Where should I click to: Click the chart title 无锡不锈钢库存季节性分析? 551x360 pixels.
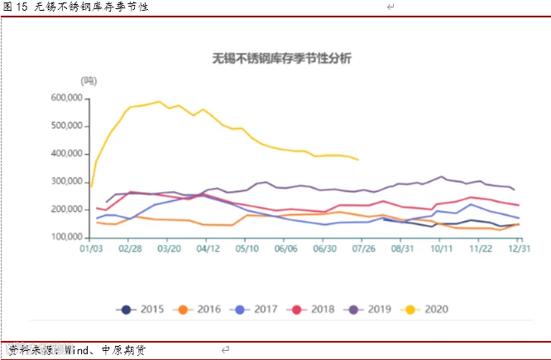(282, 59)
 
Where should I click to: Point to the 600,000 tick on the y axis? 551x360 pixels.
(67, 98)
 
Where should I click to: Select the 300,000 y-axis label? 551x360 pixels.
(67, 181)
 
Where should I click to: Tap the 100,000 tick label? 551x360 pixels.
(67, 237)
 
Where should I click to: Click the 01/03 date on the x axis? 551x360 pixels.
(91, 248)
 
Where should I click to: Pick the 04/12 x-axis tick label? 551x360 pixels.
(208, 248)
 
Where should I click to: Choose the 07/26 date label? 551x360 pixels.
(364, 248)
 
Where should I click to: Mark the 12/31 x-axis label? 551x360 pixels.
(520, 248)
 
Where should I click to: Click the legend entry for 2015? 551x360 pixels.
(140, 310)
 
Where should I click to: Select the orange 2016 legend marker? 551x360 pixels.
(183, 310)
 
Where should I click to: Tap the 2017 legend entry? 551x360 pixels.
(254, 310)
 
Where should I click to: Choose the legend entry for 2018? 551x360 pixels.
(310, 310)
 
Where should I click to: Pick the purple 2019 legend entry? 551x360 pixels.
(367, 310)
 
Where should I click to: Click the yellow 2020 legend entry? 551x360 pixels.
(424, 310)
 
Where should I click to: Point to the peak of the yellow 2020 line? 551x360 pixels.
(159, 102)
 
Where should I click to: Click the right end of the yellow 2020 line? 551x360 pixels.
(358, 160)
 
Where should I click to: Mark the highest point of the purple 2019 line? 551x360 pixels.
(441, 176)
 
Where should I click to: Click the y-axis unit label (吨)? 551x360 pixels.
(89, 81)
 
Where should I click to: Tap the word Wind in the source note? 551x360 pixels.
(77, 350)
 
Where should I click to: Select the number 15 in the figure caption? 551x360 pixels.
(22, 7)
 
